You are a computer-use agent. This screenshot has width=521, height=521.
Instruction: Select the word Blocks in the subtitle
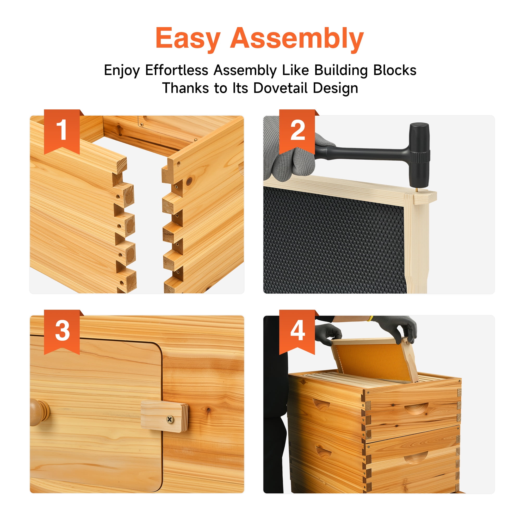tap(395, 70)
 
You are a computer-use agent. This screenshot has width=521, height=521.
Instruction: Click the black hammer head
tap(419, 155)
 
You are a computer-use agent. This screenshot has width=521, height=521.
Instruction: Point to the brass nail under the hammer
tap(417, 190)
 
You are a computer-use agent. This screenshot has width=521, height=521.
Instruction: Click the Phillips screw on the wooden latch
tap(170, 419)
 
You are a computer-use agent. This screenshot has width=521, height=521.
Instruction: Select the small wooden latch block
tap(164, 417)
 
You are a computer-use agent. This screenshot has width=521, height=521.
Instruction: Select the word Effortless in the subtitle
tap(177, 70)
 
